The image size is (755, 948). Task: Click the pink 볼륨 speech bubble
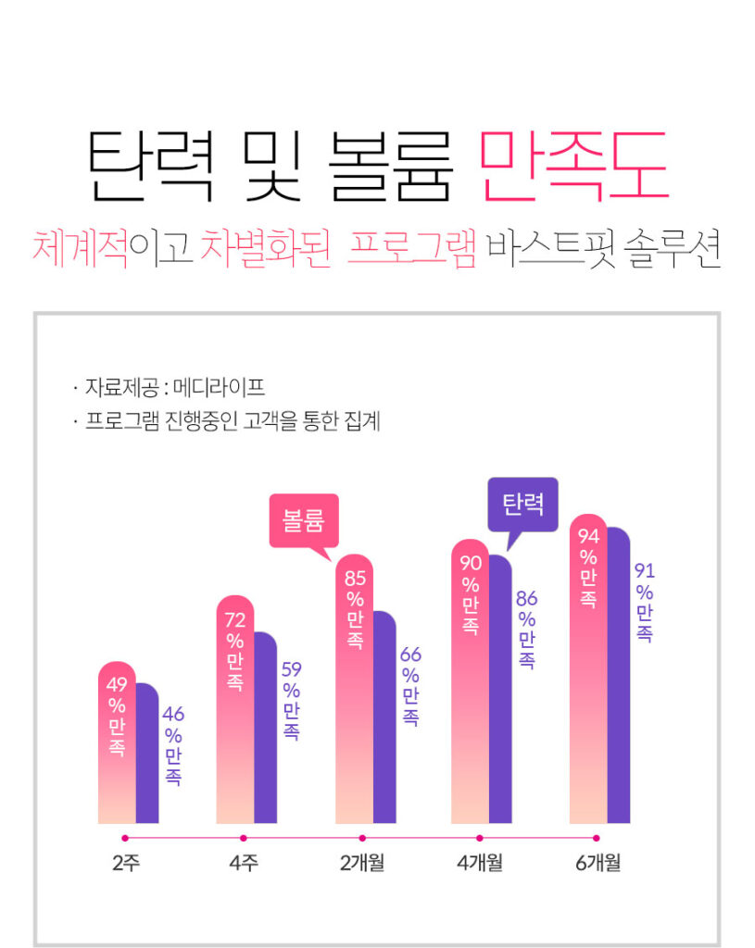(303, 522)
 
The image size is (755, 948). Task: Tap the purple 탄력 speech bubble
(522, 505)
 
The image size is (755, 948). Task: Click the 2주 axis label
(125, 864)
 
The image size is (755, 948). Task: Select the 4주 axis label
(244, 864)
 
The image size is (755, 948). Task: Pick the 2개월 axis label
(362, 864)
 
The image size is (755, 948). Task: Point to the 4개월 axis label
(480, 864)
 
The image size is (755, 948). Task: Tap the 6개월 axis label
(598, 864)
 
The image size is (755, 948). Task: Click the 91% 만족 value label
(644, 603)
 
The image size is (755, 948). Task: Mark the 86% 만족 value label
(526, 630)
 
